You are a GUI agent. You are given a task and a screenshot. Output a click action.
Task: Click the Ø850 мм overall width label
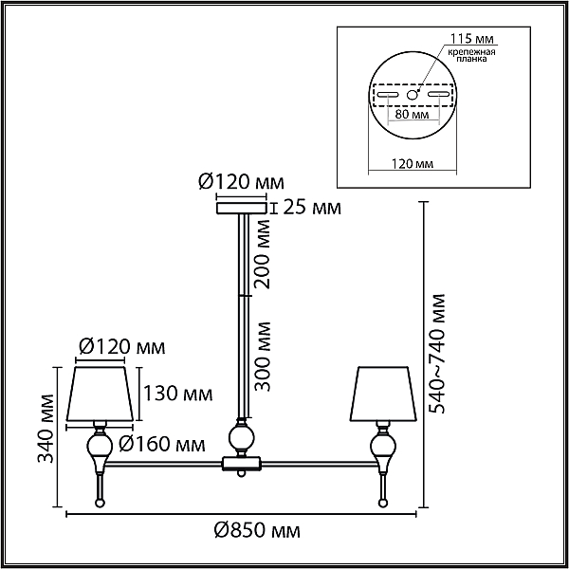(x=257, y=531)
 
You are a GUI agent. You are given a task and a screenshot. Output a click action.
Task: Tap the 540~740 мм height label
(x=436, y=354)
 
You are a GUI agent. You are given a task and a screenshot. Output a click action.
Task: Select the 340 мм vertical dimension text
(x=46, y=429)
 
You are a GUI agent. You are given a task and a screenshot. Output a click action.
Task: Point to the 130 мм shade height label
(x=178, y=393)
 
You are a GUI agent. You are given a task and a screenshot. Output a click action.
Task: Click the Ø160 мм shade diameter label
(x=162, y=443)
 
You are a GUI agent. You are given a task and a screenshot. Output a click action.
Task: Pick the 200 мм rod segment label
(x=262, y=254)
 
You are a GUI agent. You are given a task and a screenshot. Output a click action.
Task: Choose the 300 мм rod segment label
(x=262, y=357)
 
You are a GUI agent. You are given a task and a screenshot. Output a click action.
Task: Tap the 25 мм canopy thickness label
(x=312, y=208)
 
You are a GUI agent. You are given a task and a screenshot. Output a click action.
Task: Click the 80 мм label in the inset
(x=412, y=115)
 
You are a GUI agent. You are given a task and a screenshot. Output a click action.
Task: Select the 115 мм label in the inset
(x=471, y=38)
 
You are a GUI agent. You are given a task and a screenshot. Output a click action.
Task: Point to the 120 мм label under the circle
(x=413, y=164)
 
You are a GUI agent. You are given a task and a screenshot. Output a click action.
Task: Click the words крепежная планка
(x=471, y=55)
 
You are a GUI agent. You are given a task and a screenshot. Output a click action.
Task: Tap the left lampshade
(x=100, y=394)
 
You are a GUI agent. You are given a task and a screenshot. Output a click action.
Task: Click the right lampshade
(x=383, y=394)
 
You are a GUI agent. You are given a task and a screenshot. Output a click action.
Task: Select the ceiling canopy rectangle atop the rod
(x=242, y=208)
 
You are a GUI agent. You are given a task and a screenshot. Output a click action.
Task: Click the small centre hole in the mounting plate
(x=412, y=95)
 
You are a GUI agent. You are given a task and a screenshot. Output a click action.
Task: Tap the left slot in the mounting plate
(x=388, y=95)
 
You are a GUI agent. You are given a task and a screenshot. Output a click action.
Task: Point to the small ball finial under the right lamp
(x=382, y=503)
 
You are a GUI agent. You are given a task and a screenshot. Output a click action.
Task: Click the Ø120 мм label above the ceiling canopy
(x=241, y=182)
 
